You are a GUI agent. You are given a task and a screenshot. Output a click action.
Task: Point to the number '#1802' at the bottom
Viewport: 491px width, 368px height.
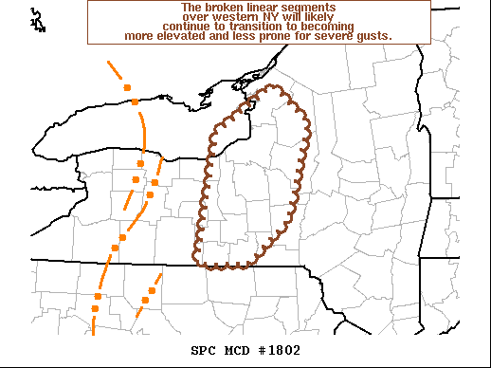tap(281, 350)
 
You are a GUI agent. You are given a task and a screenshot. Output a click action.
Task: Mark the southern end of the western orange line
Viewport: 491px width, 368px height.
tap(93, 333)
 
